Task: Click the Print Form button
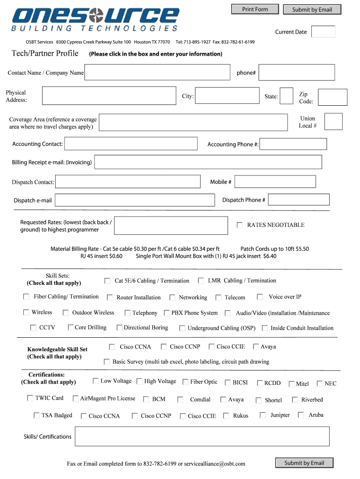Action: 255,9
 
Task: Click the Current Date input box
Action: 323,32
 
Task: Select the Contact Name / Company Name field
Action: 157,73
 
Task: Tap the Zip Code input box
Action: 332,97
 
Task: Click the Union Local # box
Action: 333,122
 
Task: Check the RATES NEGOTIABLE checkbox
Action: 239,225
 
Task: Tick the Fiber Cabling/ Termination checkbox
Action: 27,297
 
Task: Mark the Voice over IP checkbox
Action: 260,297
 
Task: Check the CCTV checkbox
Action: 33,328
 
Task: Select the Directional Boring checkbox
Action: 120,328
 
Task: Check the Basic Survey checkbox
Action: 106,362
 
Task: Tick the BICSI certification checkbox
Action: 228,383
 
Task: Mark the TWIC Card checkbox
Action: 30,399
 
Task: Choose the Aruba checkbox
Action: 301,415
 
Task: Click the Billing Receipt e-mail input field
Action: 208,162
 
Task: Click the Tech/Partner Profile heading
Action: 45,53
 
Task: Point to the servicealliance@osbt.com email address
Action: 215,464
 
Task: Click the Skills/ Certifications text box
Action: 202,436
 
